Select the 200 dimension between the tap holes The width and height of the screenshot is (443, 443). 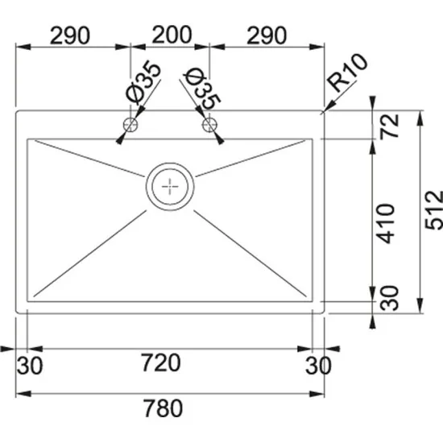pos(170,35)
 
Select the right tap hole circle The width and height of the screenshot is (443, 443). pos(211,125)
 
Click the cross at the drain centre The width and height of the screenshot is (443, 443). pos(170,185)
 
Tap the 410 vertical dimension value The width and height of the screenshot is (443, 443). pos(390,223)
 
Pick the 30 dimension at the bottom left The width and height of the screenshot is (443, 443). pos(29,366)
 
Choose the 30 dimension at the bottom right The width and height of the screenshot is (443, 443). pos(319,366)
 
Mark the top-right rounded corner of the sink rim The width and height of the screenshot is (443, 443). pos(321,114)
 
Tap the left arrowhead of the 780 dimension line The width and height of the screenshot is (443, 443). pos(20,394)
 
